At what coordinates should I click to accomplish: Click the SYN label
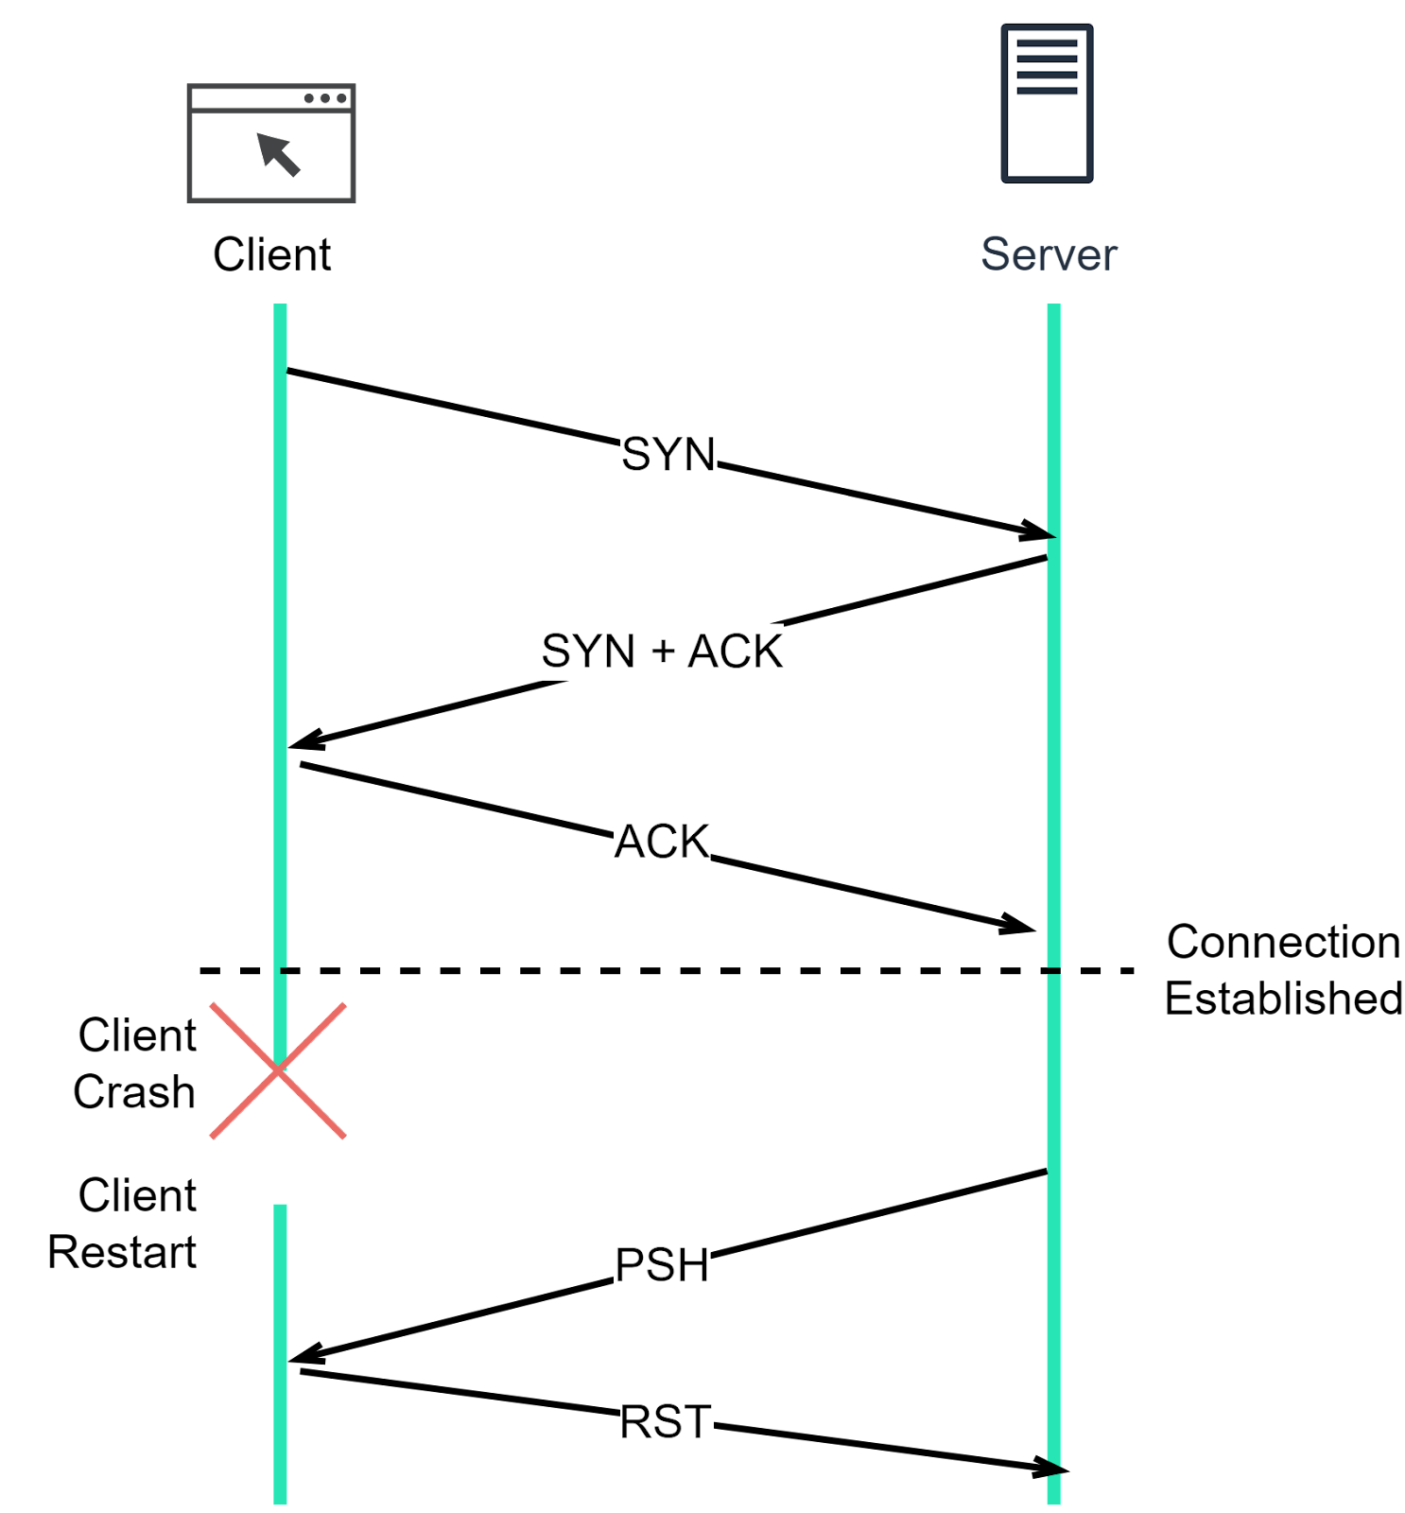point(668,455)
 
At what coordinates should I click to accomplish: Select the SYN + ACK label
point(661,652)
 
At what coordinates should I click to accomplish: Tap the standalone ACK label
point(662,842)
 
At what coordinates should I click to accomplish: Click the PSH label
point(662,1265)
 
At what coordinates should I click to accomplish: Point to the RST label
point(666,1422)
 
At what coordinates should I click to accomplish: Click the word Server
point(1049,254)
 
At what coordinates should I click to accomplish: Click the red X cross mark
point(277,1070)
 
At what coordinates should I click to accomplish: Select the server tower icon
point(1047,104)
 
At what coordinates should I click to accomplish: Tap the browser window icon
point(271,144)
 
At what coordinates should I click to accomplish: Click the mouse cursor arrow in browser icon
point(278,154)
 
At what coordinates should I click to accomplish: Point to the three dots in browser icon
point(324,98)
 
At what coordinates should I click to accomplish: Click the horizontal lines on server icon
point(1047,67)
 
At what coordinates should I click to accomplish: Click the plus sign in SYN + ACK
point(663,652)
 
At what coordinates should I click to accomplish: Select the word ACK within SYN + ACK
point(735,652)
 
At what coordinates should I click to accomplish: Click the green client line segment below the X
point(280,1352)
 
